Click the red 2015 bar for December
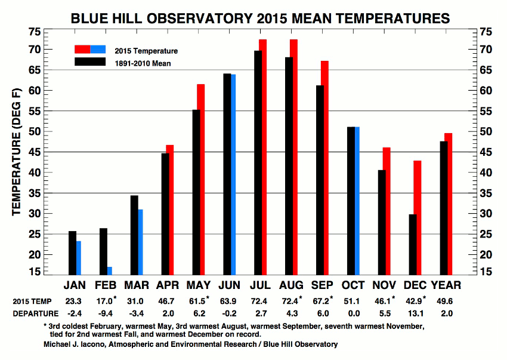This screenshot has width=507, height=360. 418,218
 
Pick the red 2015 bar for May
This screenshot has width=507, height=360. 200,180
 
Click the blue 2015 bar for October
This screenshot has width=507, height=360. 357,201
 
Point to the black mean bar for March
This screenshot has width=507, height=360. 134,235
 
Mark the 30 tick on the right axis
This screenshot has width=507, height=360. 487,214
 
